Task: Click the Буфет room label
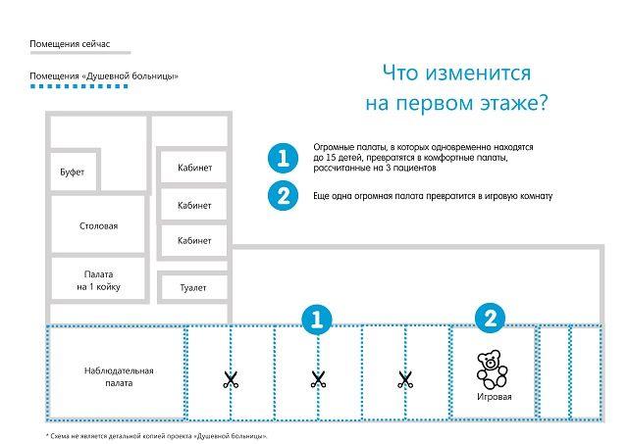click(x=72, y=172)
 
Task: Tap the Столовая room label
click(x=98, y=226)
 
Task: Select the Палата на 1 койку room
click(x=98, y=278)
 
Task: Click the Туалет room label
click(x=193, y=287)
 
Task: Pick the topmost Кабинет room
click(x=194, y=168)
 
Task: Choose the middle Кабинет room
click(x=194, y=205)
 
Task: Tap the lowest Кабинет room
click(x=194, y=240)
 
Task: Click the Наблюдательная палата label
click(x=119, y=376)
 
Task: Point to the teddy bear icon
click(x=492, y=370)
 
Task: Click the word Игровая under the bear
click(x=495, y=397)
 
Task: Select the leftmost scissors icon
click(x=231, y=379)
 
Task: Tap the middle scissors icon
click(x=318, y=379)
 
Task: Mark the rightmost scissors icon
click(x=405, y=379)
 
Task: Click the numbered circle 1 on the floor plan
click(x=317, y=320)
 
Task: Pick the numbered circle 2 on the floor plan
click(x=491, y=319)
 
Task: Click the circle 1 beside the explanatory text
click(x=284, y=158)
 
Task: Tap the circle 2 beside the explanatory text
click(x=284, y=196)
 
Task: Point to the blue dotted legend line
click(x=79, y=86)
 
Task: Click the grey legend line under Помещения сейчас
click(x=80, y=52)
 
